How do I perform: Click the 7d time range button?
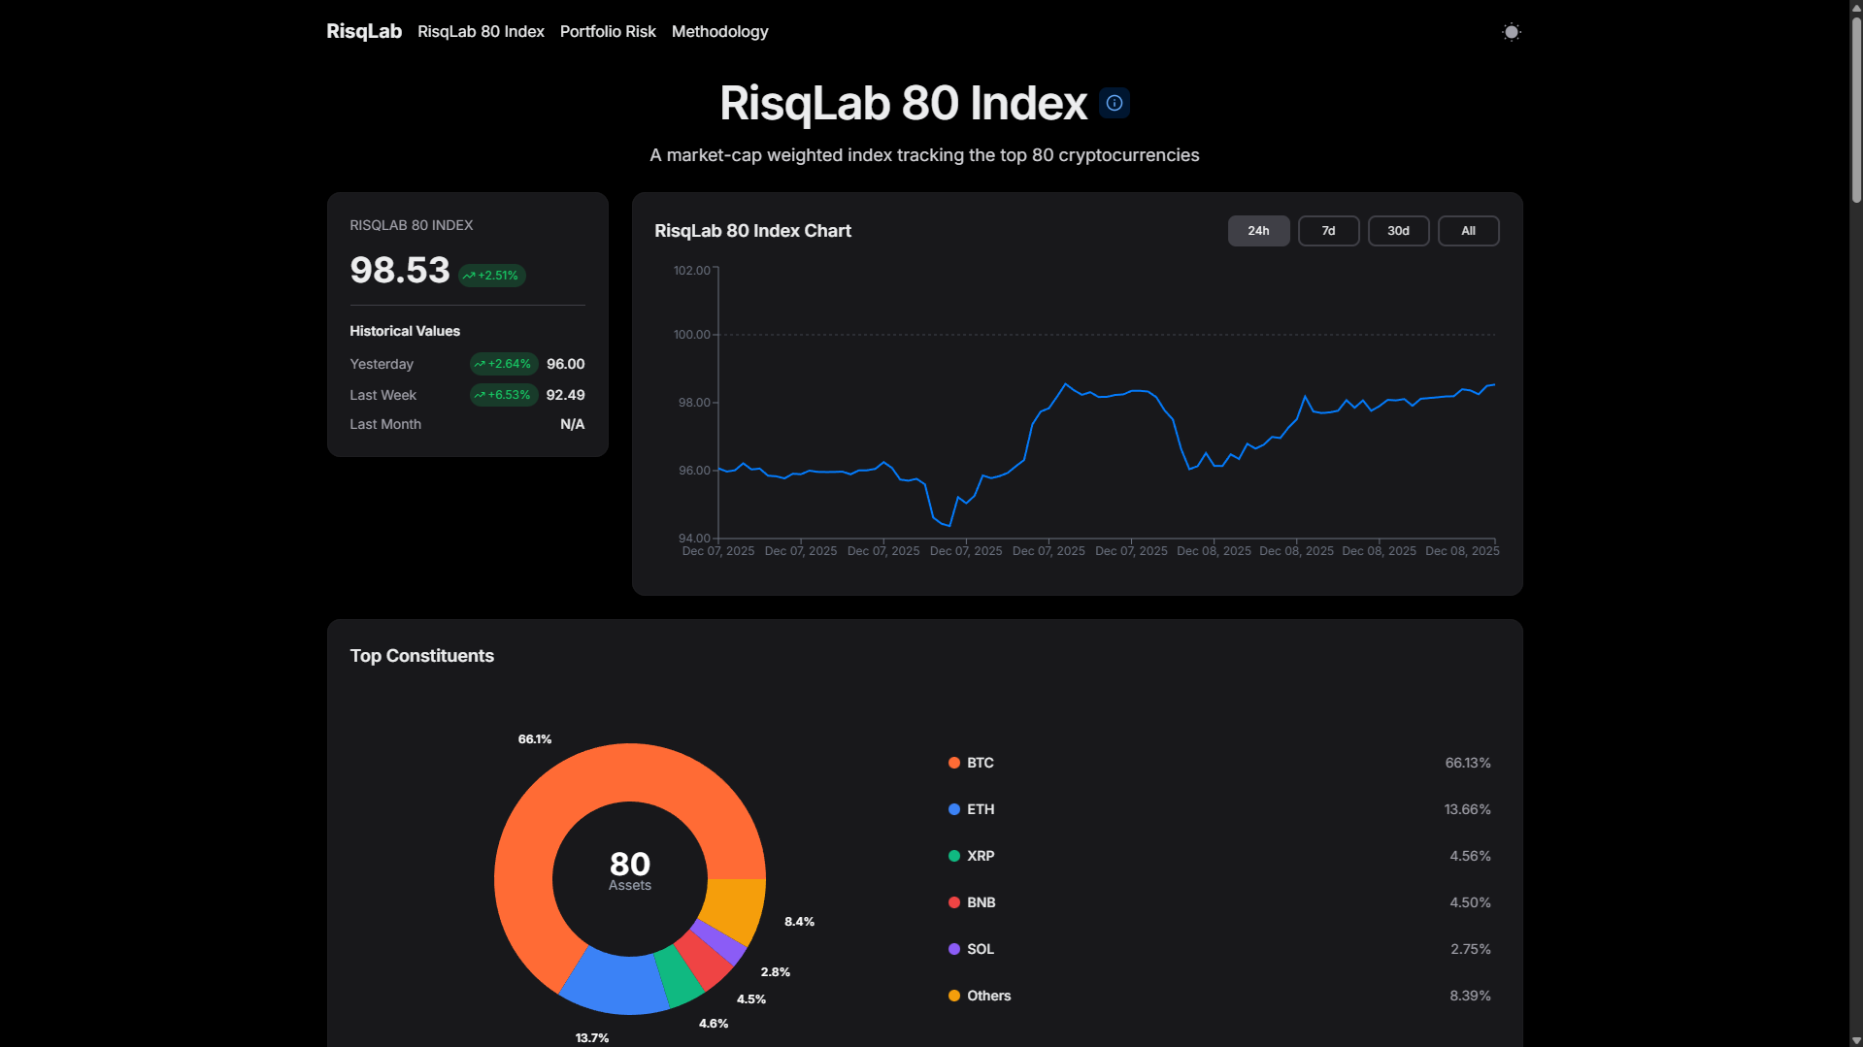(x=1328, y=231)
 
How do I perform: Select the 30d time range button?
(x=1398, y=231)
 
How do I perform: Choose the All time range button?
(x=1468, y=231)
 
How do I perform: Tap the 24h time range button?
(x=1258, y=231)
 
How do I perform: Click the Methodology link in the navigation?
(x=719, y=32)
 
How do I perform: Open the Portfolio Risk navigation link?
(x=608, y=32)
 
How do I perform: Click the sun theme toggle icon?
(x=1511, y=32)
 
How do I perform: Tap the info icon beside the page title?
(x=1114, y=103)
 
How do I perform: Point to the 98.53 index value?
(x=400, y=270)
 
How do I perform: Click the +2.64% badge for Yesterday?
(x=504, y=364)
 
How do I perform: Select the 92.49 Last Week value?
(x=565, y=395)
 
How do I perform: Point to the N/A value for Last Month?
(x=572, y=424)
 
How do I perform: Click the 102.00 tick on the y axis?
(x=692, y=271)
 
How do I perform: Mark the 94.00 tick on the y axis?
(x=694, y=538)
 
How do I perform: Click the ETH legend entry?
(x=980, y=809)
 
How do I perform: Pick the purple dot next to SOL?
(x=954, y=949)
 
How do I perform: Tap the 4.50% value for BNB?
(x=1470, y=902)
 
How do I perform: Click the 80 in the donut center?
(x=630, y=864)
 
